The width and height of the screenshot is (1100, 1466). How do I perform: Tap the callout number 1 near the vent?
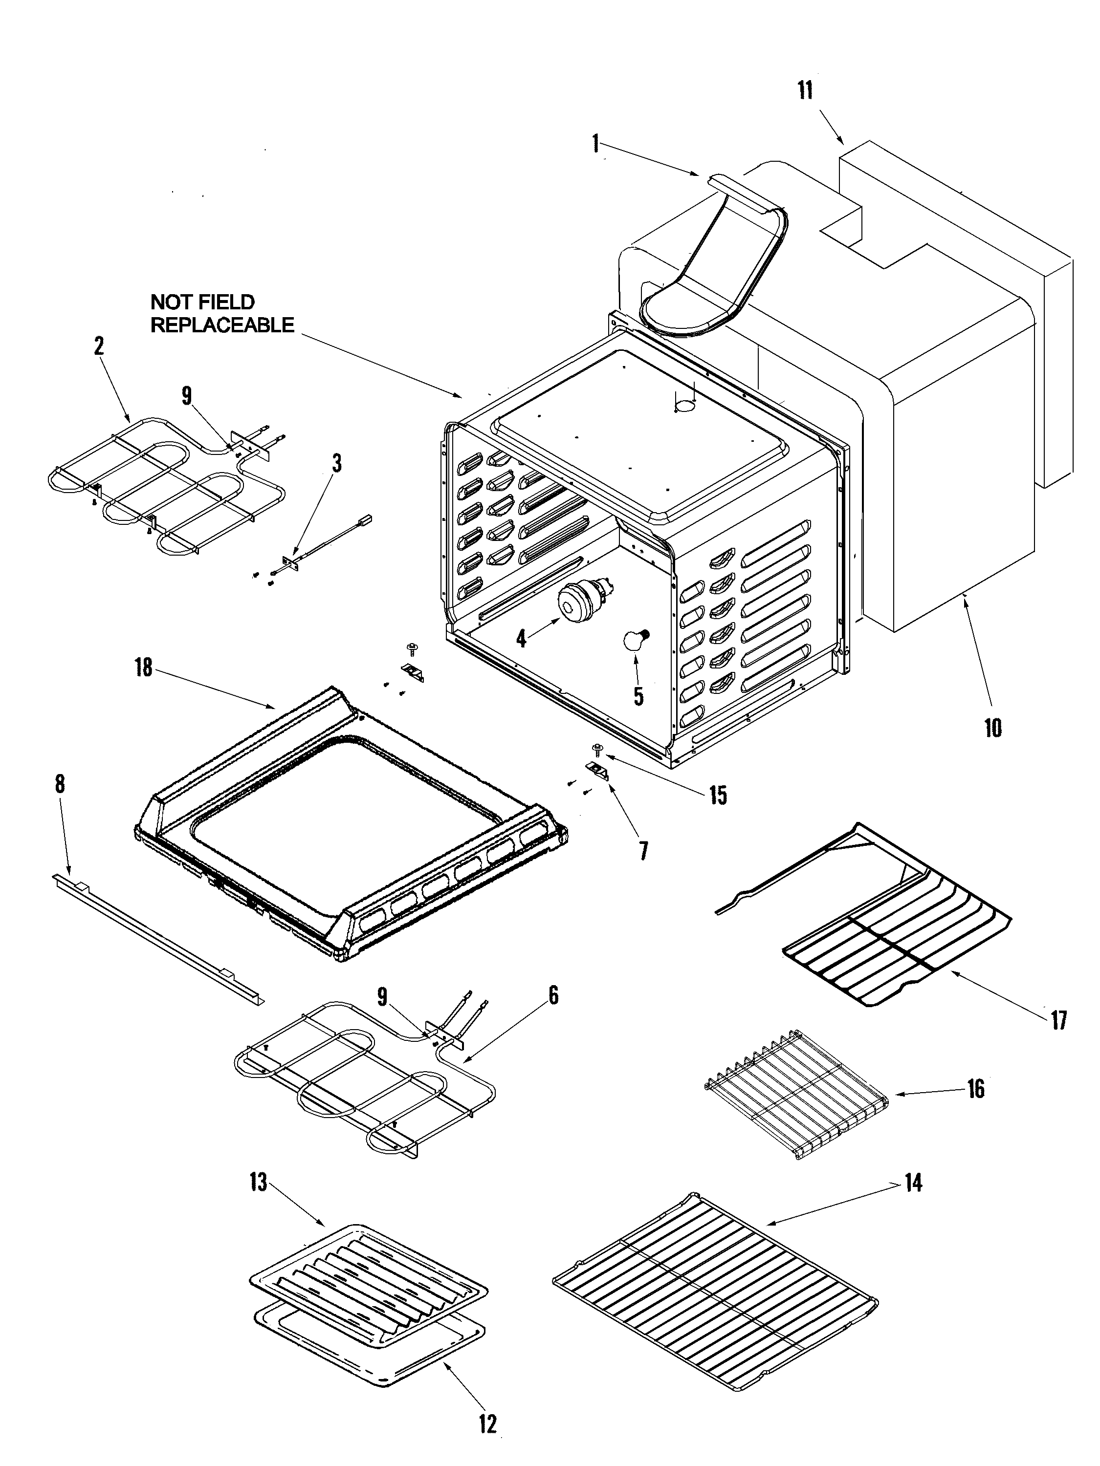[x=595, y=143]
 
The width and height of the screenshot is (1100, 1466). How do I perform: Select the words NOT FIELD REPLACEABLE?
[x=221, y=314]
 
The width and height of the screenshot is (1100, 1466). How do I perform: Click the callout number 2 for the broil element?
[x=99, y=346]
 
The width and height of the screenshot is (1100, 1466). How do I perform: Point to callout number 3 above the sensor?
[x=337, y=463]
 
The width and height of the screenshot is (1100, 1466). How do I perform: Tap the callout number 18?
[x=143, y=668]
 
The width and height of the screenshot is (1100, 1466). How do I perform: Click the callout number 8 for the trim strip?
[x=60, y=784]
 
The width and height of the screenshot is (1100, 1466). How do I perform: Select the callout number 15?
[x=718, y=795]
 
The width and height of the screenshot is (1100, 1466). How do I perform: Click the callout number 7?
[x=643, y=851]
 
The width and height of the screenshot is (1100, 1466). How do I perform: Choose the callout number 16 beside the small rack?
[x=975, y=1088]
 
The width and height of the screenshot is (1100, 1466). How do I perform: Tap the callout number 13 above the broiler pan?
[x=259, y=1181]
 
